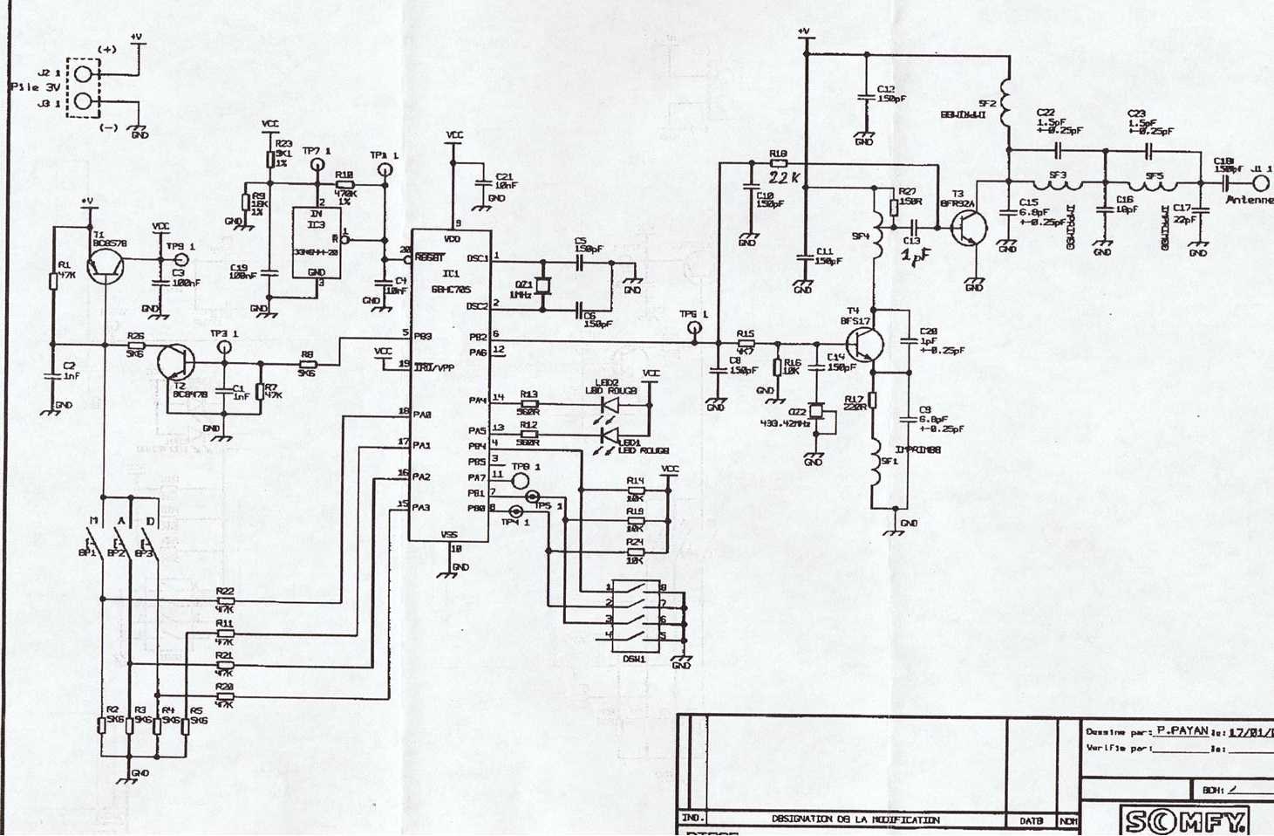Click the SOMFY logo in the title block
click(x=1185, y=820)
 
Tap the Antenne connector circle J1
click(x=1261, y=183)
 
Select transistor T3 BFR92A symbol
click(x=968, y=229)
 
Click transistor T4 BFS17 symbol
click(x=864, y=345)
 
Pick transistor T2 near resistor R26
click(x=174, y=361)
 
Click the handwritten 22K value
click(x=785, y=177)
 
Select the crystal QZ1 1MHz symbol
click(x=543, y=285)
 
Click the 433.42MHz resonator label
click(x=786, y=424)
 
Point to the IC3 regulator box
click(x=316, y=243)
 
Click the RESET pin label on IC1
click(x=430, y=257)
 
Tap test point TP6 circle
click(x=694, y=330)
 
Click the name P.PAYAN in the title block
click(x=1182, y=731)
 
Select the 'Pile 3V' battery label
click(x=35, y=87)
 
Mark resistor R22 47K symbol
click(x=225, y=600)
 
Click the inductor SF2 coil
click(x=1007, y=105)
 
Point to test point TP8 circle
click(x=520, y=480)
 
